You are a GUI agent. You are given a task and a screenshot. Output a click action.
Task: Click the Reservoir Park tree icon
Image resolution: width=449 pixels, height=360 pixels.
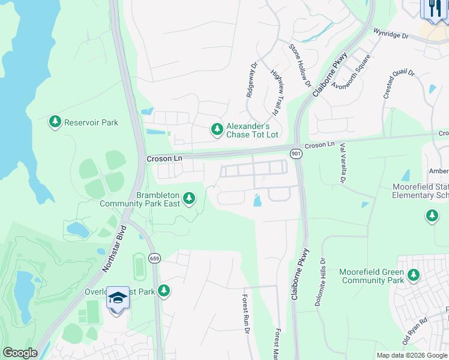[x=55, y=122]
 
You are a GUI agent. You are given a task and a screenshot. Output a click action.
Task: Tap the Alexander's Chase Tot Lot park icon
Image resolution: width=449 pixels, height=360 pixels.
[x=217, y=129]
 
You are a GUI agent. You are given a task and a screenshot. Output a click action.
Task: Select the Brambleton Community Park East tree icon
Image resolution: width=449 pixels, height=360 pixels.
[x=190, y=198]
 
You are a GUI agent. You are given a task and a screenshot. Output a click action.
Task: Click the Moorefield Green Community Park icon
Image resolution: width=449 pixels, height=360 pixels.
[x=413, y=275]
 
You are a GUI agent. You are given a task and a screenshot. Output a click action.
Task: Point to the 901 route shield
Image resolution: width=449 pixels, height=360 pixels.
[x=295, y=154]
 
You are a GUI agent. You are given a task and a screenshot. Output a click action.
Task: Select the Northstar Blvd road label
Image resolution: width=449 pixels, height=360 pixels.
[x=116, y=249]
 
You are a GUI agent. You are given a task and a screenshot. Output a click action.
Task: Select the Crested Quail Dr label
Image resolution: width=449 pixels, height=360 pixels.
[x=398, y=84]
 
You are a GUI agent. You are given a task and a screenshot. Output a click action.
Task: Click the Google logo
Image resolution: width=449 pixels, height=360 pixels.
[x=20, y=353]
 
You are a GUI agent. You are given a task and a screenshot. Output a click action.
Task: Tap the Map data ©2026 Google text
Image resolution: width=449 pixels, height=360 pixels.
[x=412, y=355]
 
